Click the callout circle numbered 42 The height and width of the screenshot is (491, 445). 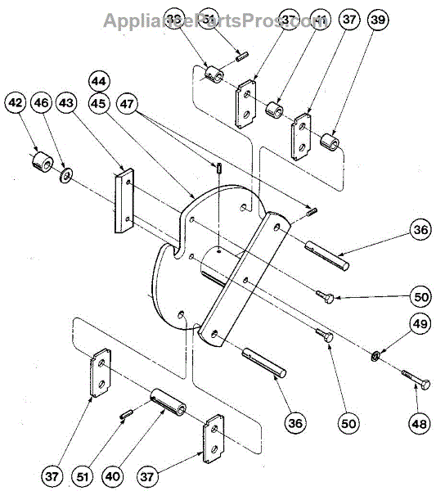[15, 103]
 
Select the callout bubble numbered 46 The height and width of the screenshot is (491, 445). [41, 103]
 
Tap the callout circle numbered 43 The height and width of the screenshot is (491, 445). [65, 103]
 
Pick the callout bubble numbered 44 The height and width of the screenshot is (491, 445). [99, 82]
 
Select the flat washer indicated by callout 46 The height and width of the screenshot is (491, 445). [65, 173]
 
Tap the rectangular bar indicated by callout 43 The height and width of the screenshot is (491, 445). [124, 200]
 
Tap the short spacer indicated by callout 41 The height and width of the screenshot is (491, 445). [274, 109]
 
